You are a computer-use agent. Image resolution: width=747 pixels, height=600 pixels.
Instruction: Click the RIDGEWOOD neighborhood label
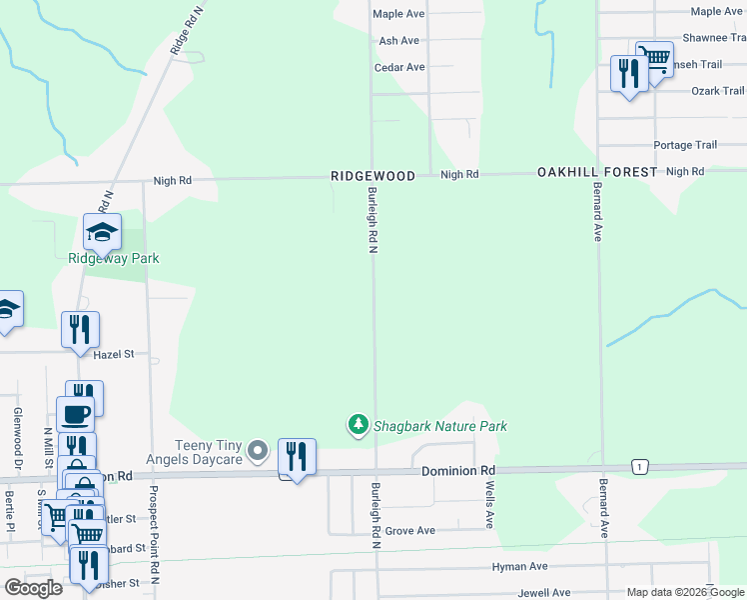[x=373, y=175]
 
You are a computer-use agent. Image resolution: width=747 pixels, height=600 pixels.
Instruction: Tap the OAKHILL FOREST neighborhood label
[x=597, y=172]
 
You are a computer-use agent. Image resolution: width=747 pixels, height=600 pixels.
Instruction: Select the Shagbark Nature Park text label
[x=440, y=426]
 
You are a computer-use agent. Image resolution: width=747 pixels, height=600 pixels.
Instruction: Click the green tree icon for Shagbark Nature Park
[x=358, y=425]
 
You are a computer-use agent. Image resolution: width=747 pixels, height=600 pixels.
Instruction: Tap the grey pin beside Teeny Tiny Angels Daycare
[x=259, y=452]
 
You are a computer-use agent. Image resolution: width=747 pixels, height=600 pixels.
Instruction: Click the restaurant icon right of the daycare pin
[x=297, y=456]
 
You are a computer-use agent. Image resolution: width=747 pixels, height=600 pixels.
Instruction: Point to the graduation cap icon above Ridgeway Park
[x=102, y=232]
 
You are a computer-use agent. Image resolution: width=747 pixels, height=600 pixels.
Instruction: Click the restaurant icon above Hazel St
[x=80, y=328]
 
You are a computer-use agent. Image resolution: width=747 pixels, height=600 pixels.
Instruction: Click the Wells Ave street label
[x=489, y=505]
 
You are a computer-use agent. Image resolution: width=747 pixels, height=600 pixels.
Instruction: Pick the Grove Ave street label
[x=410, y=531]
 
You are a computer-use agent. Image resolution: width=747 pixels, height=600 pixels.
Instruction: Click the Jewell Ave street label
[x=544, y=593]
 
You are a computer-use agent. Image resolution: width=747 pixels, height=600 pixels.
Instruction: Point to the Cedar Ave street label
[x=399, y=67]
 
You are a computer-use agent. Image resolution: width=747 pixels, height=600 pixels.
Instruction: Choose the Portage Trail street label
[x=685, y=145]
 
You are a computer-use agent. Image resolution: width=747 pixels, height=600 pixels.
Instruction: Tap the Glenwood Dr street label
[x=17, y=438]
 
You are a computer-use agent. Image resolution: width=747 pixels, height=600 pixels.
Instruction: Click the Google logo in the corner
[x=33, y=587]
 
